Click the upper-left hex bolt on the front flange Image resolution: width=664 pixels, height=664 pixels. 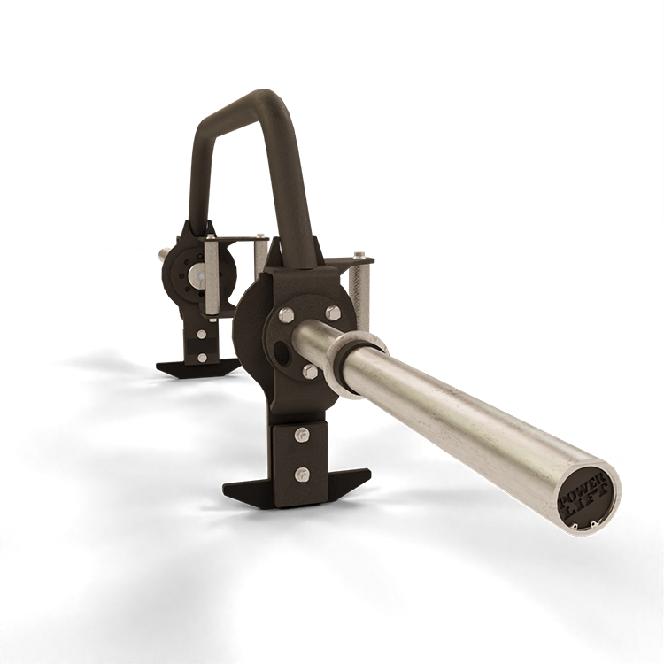284,314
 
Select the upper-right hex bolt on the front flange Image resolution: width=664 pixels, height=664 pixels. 333,313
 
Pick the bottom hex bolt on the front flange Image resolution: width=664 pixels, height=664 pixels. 310,371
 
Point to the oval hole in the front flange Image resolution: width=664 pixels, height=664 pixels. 281,351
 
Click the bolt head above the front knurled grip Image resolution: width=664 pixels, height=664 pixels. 359,254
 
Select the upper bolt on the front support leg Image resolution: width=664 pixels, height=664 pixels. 302,435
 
